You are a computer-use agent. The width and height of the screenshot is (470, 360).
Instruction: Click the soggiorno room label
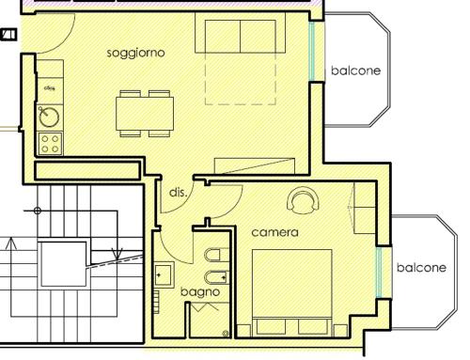[x=136, y=53]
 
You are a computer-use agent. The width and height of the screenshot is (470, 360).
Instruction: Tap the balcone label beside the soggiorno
[x=355, y=71]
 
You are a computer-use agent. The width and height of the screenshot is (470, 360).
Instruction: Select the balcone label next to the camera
[x=421, y=268]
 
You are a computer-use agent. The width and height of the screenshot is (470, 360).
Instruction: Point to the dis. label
[x=178, y=192]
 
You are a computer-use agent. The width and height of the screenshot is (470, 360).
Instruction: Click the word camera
[x=274, y=231]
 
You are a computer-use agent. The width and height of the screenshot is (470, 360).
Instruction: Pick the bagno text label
[x=199, y=292]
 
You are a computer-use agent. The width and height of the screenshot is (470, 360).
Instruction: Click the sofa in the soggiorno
[x=241, y=35]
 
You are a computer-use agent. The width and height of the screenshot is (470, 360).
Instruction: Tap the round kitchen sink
[x=49, y=117]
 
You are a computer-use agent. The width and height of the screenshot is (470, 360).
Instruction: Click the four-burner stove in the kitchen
[x=50, y=144]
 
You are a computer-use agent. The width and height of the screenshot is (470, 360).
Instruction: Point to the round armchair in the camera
[x=304, y=199]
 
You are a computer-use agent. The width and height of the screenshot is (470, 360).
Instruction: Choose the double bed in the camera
[x=292, y=291]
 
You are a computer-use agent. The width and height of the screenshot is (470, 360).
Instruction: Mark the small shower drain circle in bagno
[x=226, y=333]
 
